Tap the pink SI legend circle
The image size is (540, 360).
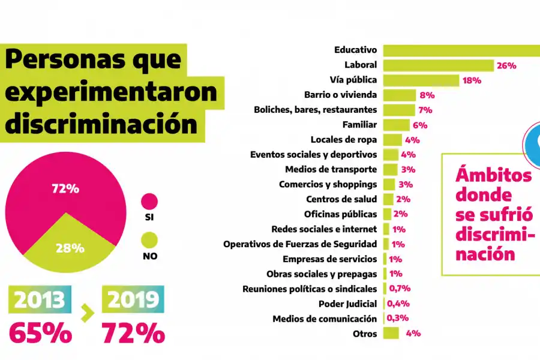(x=149, y=202)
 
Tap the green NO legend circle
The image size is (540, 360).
(x=149, y=241)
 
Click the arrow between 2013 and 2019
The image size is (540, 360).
(x=88, y=311)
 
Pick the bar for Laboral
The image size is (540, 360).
(x=438, y=65)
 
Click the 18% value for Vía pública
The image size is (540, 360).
(x=472, y=80)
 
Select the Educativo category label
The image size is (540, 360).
(x=355, y=50)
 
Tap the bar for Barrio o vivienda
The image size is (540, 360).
(x=399, y=95)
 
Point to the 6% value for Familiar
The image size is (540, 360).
(x=419, y=125)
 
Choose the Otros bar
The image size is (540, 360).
(x=391, y=333)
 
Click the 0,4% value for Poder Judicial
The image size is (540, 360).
(x=398, y=304)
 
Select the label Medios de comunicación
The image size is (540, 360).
(x=325, y=319)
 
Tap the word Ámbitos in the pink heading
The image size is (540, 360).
(x=493, y=175)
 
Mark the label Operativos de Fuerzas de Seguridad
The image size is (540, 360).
(x=300, y=244)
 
